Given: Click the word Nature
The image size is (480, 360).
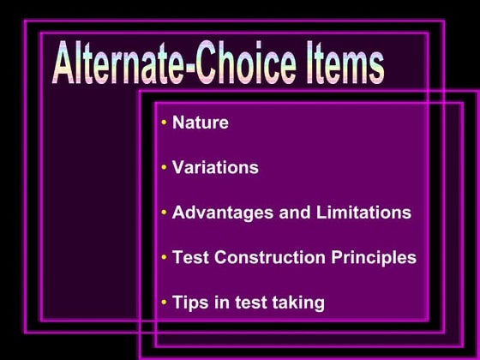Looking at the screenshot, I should coord(201,123).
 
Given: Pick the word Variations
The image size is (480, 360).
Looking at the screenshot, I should coord(215,167).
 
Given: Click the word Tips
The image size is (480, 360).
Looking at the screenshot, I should coord(189,303).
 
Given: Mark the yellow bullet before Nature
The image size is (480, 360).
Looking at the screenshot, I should coord(164,123).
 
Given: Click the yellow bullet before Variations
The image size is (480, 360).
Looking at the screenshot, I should coord(164,168).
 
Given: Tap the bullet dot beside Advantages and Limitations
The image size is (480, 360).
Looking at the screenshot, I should coord(164,213).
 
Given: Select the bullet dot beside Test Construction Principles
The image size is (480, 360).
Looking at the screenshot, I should coord(164,258).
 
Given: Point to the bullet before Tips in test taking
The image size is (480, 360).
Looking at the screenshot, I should coord(164,303).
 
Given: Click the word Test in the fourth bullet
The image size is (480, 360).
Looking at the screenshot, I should coord(190,257).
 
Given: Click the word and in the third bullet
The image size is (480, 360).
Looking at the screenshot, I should coord(293,213).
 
